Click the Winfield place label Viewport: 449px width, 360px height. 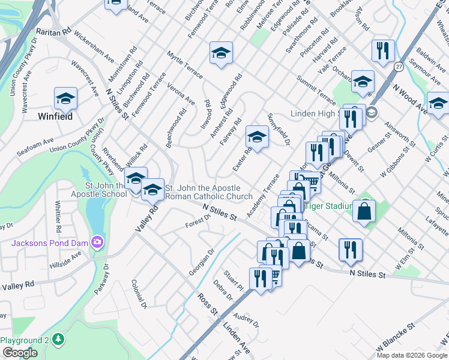pos(55,116)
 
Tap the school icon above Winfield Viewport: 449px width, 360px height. pos(66,98)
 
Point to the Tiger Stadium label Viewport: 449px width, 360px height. pos(328,206)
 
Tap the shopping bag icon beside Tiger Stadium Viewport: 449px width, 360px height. pos(364,211)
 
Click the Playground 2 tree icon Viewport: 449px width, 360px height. pos(58,340)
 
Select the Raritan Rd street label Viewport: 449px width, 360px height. pos(54,31)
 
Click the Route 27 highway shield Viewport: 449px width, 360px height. pos(399,67)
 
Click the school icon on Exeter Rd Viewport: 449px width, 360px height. pos(257,138)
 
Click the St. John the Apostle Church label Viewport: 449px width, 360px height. pos(208,193)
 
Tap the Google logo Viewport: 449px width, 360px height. pos(20,353)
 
